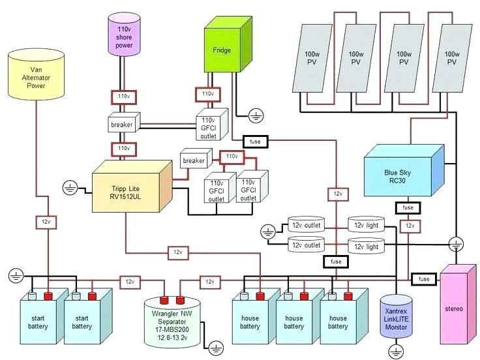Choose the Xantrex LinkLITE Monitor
(397, 319)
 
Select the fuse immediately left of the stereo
(424, 278)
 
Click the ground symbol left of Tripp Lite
(71, 189)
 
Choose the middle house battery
(293, 319)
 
